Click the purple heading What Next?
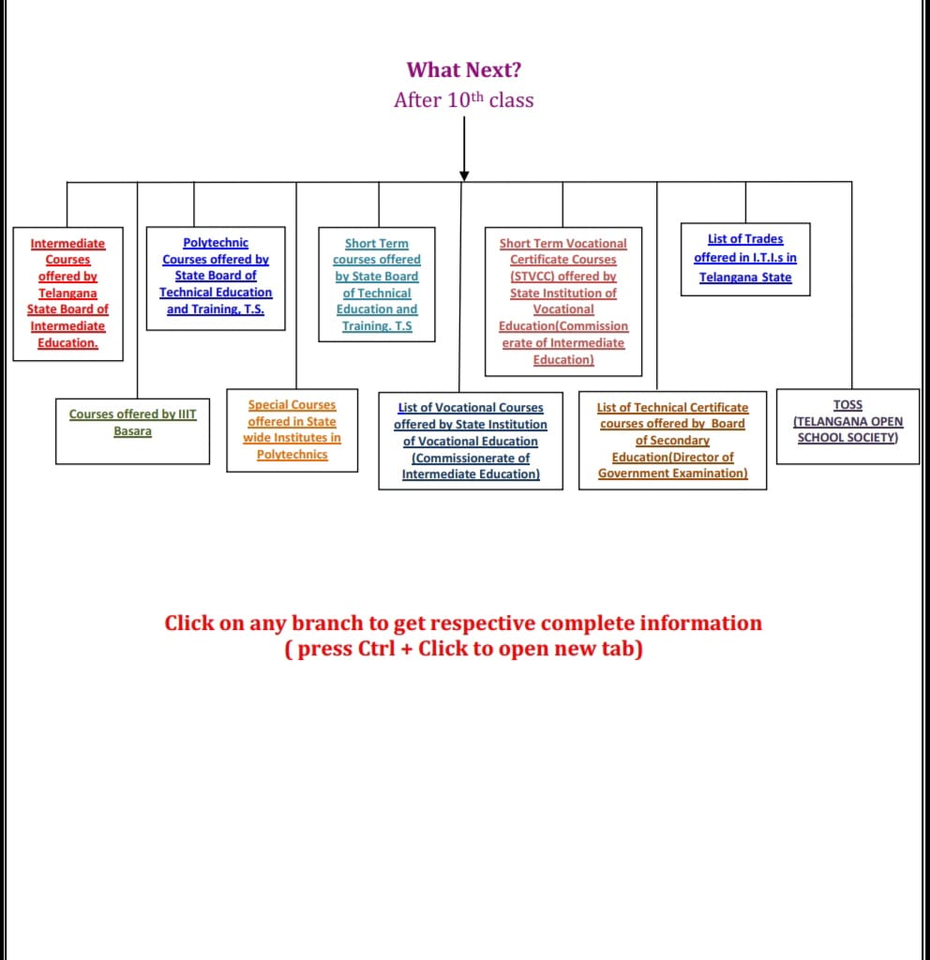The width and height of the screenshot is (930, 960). tap(464, 70)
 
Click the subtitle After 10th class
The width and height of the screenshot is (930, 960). tap(464, 100)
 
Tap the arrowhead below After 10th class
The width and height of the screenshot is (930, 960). tap(464, 175)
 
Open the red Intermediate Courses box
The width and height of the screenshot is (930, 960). tap(67, 293)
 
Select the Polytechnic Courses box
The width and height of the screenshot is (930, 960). tap(216, 277)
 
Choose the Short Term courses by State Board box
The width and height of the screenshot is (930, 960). tap(377, 284)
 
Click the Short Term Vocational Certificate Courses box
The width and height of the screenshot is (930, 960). tap(563, 301)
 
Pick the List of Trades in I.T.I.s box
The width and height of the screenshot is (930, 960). tap(745, 258)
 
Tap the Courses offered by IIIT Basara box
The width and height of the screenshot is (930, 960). tap(132, 424)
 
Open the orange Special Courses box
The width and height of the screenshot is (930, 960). tap(292, 429)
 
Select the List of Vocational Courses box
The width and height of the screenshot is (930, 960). tap(471, 441)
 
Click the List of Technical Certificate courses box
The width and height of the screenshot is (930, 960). tap(673, 441)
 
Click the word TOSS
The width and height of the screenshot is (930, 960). tap(847, 405)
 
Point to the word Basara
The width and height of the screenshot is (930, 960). tap(132, 431)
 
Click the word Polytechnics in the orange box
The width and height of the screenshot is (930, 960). tap(292, 455)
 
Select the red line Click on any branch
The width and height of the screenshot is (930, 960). tap(463, 623)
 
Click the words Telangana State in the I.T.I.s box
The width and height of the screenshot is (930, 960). tap(745, 277)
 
